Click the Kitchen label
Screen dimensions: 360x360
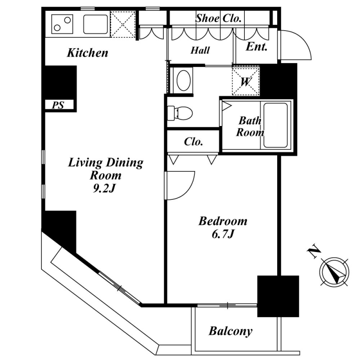click(x=87, y=53)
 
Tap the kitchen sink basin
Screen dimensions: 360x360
click(x=95, y=24)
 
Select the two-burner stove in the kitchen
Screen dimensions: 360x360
click(x=62, y=24)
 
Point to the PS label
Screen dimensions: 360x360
click(x=58, y=105)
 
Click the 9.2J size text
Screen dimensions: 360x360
click(x=104, y=188)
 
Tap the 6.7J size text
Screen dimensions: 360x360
click(x=223, y=234)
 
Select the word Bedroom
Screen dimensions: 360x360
click(x=223, y=221)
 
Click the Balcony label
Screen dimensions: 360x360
click(x=230, y=331)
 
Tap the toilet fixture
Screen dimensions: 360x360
click(x=180, y=113)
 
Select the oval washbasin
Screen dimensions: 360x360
click(x=184, y=81)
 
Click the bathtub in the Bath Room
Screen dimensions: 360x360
click(x=275, y=125)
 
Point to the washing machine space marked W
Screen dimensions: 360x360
click(x=246, y=81)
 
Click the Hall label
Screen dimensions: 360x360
click(x=200, y=50)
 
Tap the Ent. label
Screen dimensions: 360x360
click(x=256, y=47)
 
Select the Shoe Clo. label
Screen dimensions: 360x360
click(x=218, y=18)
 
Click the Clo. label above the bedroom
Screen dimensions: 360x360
click(x=193, y=142)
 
